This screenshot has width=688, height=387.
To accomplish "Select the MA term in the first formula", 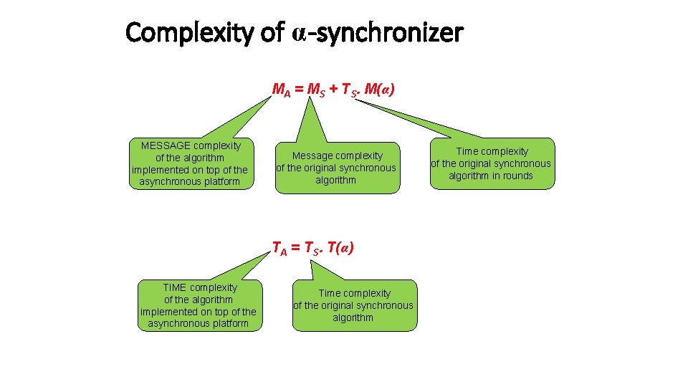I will tap(281, 90).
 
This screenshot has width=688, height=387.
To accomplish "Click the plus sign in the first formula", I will tap(334, 90).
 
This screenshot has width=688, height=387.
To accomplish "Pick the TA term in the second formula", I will tap(279, 249).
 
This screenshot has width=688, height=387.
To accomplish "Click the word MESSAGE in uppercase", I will tap(166, 145).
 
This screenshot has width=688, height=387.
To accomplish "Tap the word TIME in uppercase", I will tap(175, 287).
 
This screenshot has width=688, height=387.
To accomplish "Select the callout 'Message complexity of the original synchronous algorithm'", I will tap(336, 168).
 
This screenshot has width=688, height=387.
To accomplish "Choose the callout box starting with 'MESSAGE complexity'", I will tap(190, 163).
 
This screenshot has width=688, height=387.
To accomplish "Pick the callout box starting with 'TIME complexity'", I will tap(199, 305).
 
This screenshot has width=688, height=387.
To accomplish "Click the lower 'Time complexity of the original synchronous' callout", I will tap(353, 305).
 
